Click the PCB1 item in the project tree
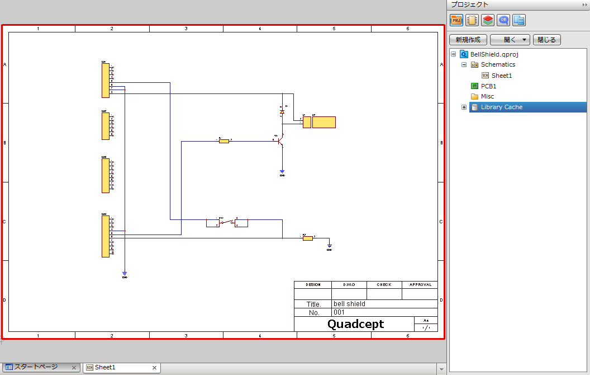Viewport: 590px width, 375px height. point(488,86)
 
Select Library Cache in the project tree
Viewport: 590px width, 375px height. point(501,107)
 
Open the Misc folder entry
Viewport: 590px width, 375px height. point(487,96)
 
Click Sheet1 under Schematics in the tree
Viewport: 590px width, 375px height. point(501,76)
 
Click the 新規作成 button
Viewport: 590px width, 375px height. point(468,40)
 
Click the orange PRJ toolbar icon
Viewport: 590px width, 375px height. point(456,20)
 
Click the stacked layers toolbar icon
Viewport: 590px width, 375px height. point(487,20)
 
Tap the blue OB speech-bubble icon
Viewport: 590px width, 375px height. point(503,20)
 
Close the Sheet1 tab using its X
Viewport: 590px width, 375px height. point(155,367)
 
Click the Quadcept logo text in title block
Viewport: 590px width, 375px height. point(355,324)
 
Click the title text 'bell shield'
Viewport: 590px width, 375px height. point(349,304)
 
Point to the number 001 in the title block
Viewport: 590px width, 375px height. point(339,312)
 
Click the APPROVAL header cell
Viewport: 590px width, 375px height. point(420,284)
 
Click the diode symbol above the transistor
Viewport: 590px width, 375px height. point(282,112)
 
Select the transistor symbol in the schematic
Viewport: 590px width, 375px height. point(281,142)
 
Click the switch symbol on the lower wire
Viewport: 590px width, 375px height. point(227,223)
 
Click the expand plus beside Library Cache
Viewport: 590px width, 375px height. point(464,107)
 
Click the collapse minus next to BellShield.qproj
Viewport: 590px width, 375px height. point(453,54)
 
